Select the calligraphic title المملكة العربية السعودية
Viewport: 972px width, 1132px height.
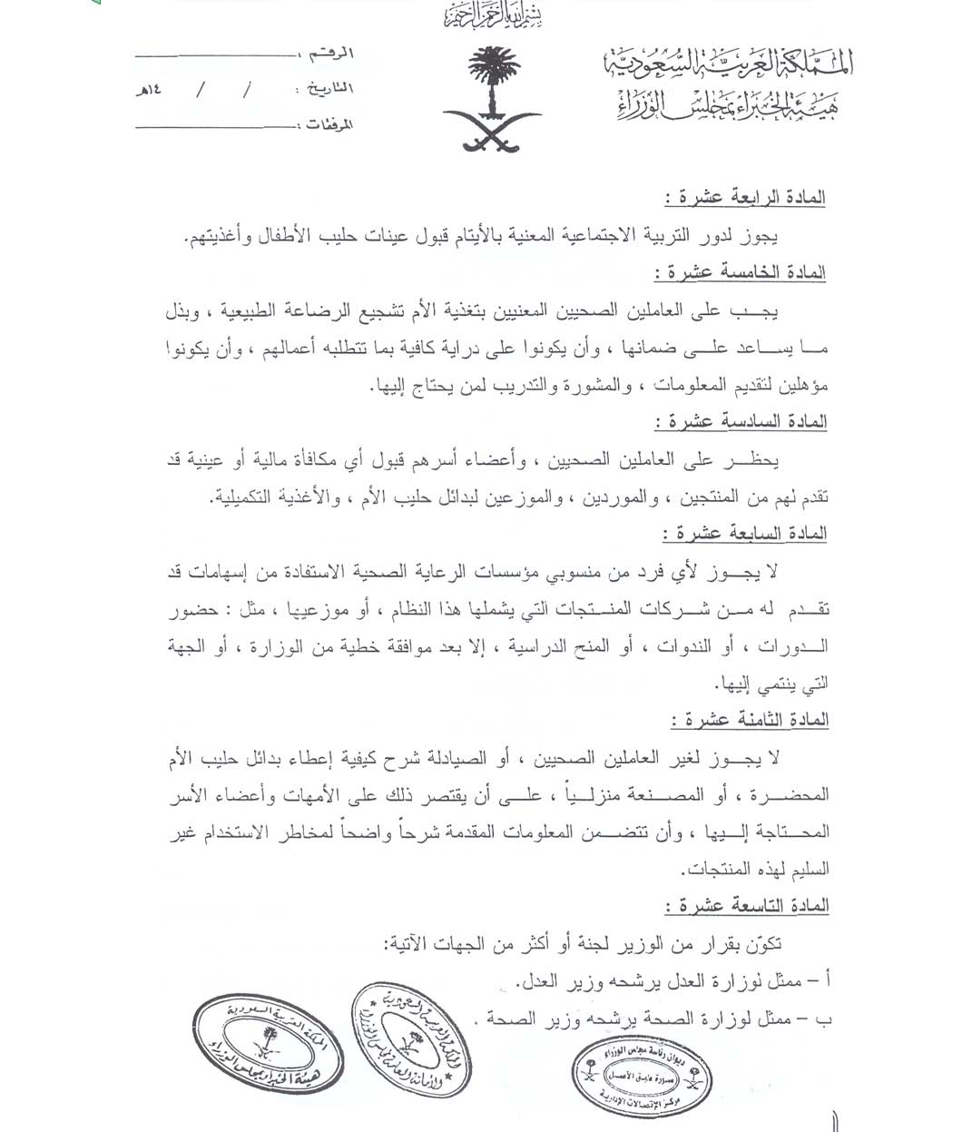729,64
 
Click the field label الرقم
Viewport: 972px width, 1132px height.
333,54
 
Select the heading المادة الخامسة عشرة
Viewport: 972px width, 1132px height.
739,272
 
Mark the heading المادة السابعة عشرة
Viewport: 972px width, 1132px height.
743,533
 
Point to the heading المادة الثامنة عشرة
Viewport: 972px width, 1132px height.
749,720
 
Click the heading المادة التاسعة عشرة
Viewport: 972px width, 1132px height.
746,906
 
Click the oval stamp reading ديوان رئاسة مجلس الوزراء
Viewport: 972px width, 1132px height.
641,1077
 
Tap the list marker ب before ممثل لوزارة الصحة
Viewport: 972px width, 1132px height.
822,1019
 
